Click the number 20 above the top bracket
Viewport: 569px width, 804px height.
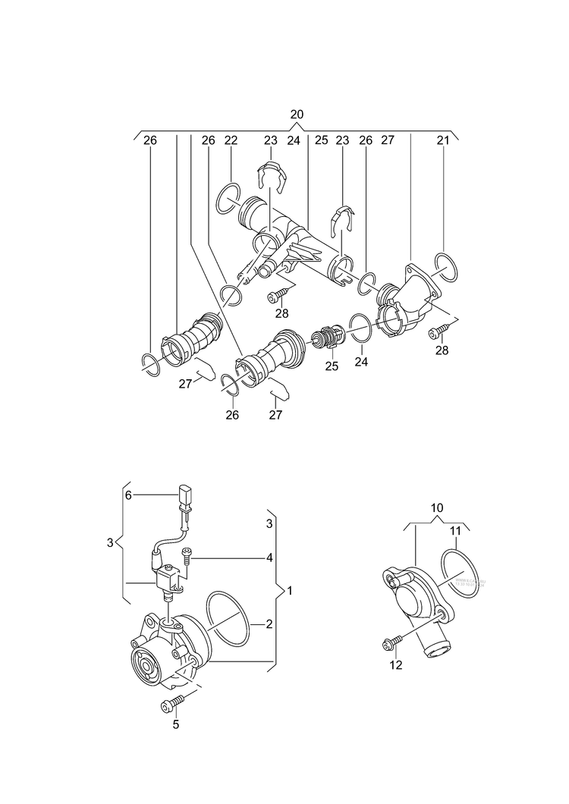point(297,114)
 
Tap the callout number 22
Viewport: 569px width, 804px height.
point(231,140)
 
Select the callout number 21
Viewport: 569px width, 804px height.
point(444,140)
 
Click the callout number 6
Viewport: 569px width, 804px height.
point(128,495)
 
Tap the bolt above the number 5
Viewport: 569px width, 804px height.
point(171,704)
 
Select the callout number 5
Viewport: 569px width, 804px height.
point(175,724)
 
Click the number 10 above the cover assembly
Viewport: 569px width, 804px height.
point(437,507)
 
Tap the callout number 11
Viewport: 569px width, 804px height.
point(455,532)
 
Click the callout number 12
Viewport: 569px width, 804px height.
point(396,666)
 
